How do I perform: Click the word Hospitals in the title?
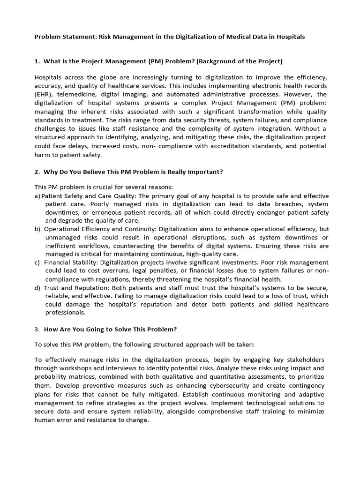[x=291, y=37]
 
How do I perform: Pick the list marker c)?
[x=37, y=262]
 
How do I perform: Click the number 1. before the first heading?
[x=37, y=61]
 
